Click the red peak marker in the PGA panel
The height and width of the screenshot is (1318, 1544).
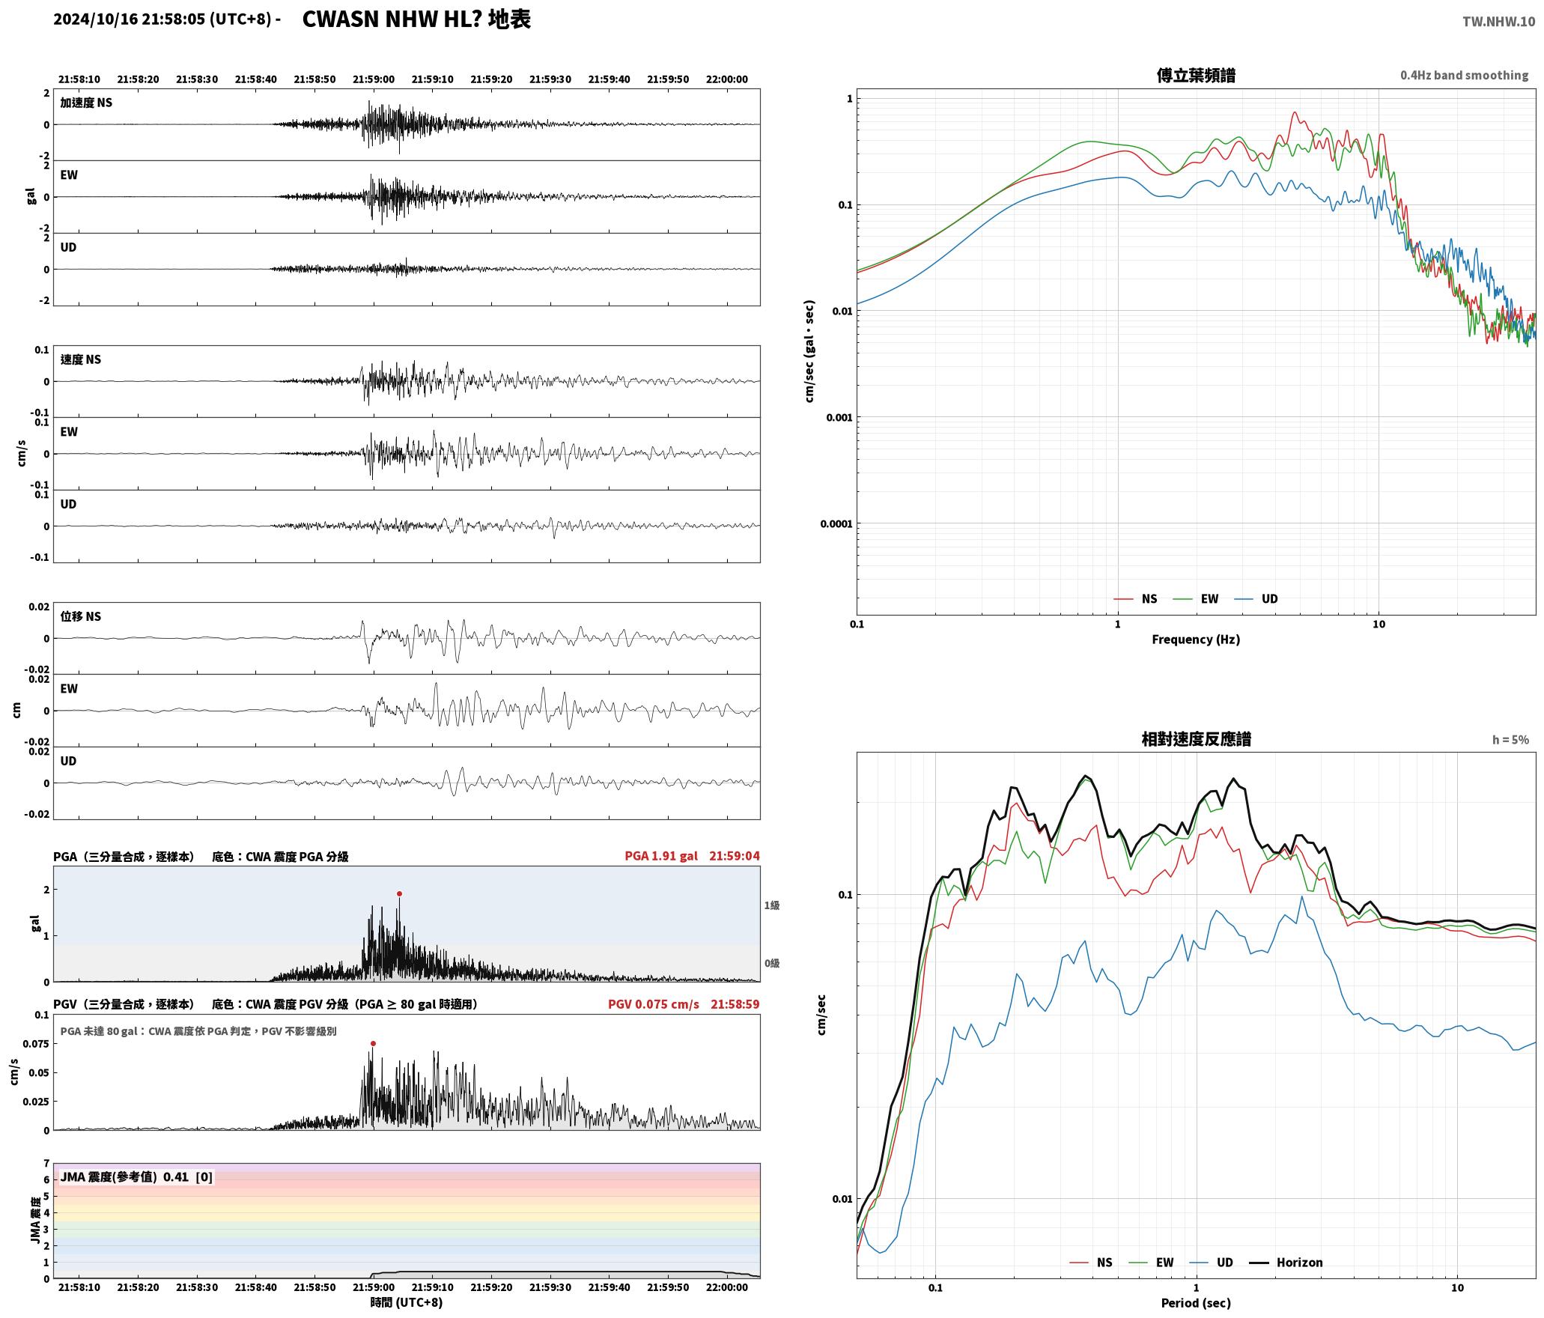pyautogui.click(x=399, y=893)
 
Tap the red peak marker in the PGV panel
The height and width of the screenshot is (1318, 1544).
pyautogui.click(x=373, y=1043)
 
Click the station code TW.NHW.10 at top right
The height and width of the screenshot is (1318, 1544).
pyautogui.click(x=1498, y=22)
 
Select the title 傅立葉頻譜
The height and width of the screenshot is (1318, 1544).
pyautogui.click(x=1196, y=76)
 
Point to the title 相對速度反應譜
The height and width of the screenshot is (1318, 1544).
pyautogui.click(x=1196, y=739)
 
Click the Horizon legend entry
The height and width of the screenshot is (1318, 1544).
pyautogui.click(x=1287, y=1262)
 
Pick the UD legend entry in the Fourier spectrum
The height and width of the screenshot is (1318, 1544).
pyautogui.click(x=1257, y=598)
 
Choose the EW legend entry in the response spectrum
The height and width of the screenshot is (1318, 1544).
pyautogui.click(x=1152, y=1262)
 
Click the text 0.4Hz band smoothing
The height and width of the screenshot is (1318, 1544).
pyautogui.click(x=1464, y=76)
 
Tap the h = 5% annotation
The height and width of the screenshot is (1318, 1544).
pyautogui.click(x=1510, y=740)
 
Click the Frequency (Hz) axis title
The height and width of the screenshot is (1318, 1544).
pyautogui.click(x=1196, y=639)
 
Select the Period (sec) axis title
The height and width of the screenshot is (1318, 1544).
pyautogui.click(x=1196, y=1302)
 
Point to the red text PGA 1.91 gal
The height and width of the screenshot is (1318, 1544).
pyautogui.click(x=661, y=855)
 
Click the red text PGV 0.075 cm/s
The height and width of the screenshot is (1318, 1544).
pyautogui.click(x=654, y=1003)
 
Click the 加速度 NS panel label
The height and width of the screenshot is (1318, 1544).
pyautogui.click(x=86, y=103)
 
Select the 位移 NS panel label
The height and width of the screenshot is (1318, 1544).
pyautogui.click(x=81, y=616)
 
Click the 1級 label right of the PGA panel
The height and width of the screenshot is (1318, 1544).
pyautogui.click(x=772, y=905)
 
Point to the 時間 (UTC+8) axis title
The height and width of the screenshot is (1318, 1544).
pyautogui.click(x=407, y=1302)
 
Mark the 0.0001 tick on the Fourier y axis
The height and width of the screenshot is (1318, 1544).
pyautogui.click(x=836, y=523)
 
